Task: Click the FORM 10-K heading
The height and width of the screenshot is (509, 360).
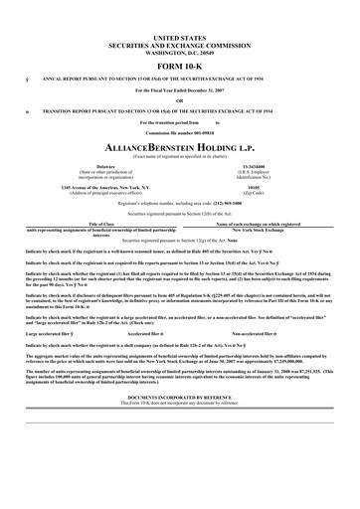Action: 180,65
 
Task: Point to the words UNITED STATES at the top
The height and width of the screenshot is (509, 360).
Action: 180,36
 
